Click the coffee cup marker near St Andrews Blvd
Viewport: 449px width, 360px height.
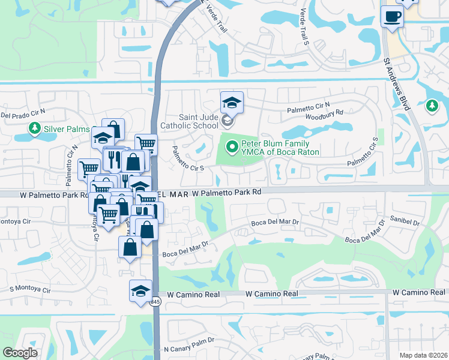(x=392, y=16)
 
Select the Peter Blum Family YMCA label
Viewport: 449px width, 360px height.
(x=280, y=148)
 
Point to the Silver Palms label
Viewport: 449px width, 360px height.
(x=65, y=129)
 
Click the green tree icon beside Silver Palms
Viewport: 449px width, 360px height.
(x=34, y=128)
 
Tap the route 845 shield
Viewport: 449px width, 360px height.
(x=155, y=301)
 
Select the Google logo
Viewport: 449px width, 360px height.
(x=20, y=353)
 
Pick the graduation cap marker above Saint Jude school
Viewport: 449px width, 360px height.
(x=231, y=103)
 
